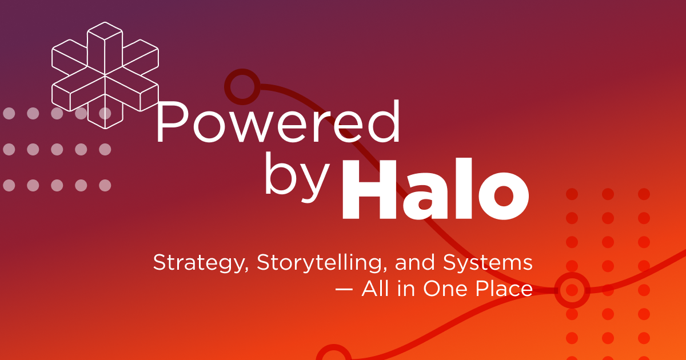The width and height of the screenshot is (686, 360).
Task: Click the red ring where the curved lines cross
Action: (x=572, y=290)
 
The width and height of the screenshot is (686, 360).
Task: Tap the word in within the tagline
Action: (x=408, y=289)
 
